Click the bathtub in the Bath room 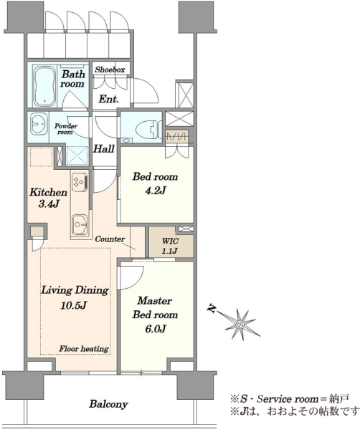pos(44,87)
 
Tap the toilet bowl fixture pos(148,129)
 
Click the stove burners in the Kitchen pos(80,181)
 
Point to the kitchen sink pos(80,225)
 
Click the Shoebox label pos(110,70)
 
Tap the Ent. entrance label pos(109,99)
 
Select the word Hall pos(104,149)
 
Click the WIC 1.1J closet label pos(170,245)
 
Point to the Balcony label pos(109,404)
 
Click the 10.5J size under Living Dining pos(74,305)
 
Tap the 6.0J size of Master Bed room pos(156,328)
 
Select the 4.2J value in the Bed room pos(156,190)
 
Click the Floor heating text pos(84,349)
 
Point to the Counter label pos(110,239)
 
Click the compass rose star pos(240,325)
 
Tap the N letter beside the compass pos(212,308)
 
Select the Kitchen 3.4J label pos(48,198)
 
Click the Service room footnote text pos(290,398)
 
